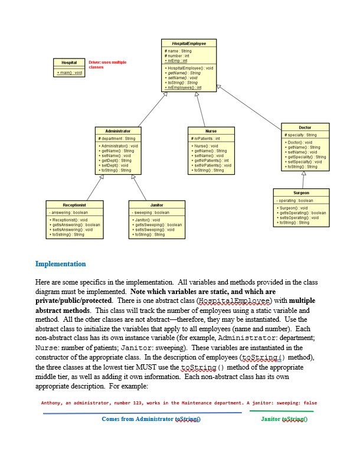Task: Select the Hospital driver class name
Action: pyautogui.click(x=69, y=63)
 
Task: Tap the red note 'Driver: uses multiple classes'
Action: pyautogui.click(x=107, y=64)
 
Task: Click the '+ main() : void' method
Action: pyautogui.click(x=69, y=73)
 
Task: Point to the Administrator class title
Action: pyautogui.click(x=118, y=130)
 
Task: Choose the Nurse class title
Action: pyautogui.click(x=211, y=130)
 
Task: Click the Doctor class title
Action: pyautogui.click(x=305, y=128)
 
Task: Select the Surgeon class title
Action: pyautogui.click(x=300, y=193)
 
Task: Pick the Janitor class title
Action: pyautogui.click(x=157, y=205)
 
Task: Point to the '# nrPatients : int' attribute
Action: pyautogui.click(x=206, y=138)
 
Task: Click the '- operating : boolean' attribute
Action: pyautogui.click(x=296, y=201)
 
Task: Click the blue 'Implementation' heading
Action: pyautogui.click(x=60, y=264)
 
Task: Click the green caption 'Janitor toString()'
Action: pyautogui.click(x=282, y=419)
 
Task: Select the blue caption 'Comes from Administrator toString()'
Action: pyautogui.click(x=151, y=419)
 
